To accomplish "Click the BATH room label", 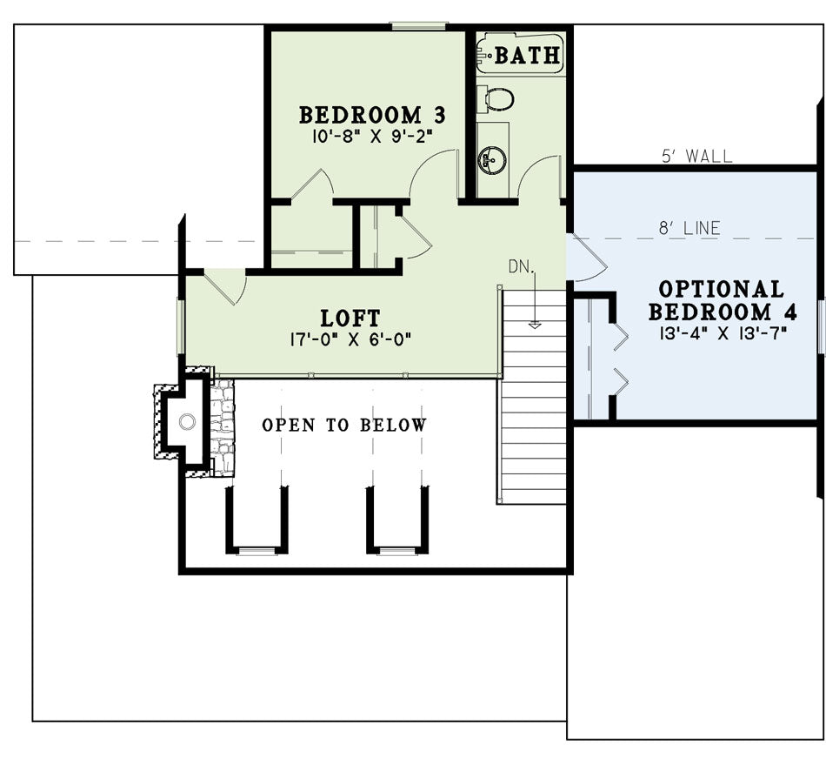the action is pyautogui.click(x=527, y=55).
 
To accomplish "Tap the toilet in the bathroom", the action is pyautogui.click(x=496, y=99).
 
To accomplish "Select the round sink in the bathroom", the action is pyautogui.click(x=492, y=158).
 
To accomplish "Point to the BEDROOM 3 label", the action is pyautogui.click(x=372, y=115).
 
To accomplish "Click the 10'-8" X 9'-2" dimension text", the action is pyautogui.click(x=372, y=137).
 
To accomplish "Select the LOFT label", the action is pyautogui.click(x=350, y=318).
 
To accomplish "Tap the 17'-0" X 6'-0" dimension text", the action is pyautogui.click(x=350, y=339).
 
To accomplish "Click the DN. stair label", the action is pyautogui.click(x=522, y=266).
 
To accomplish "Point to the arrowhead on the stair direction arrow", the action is pyautogui.click(x=535, y=325).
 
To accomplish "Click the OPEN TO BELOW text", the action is pyautogui.click(x=344, y=425).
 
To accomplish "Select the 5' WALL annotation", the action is pyautogui.click(x=696, y=156).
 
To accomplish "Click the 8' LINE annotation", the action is pyautogui.click(x=689, y=228).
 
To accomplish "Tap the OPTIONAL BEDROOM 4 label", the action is pyautogui.click(x=723, y=300).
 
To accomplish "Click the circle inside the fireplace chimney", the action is pyautogui.click(x=187, y=421).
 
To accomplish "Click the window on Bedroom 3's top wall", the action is pyautogui.click(x=419, y=24).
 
